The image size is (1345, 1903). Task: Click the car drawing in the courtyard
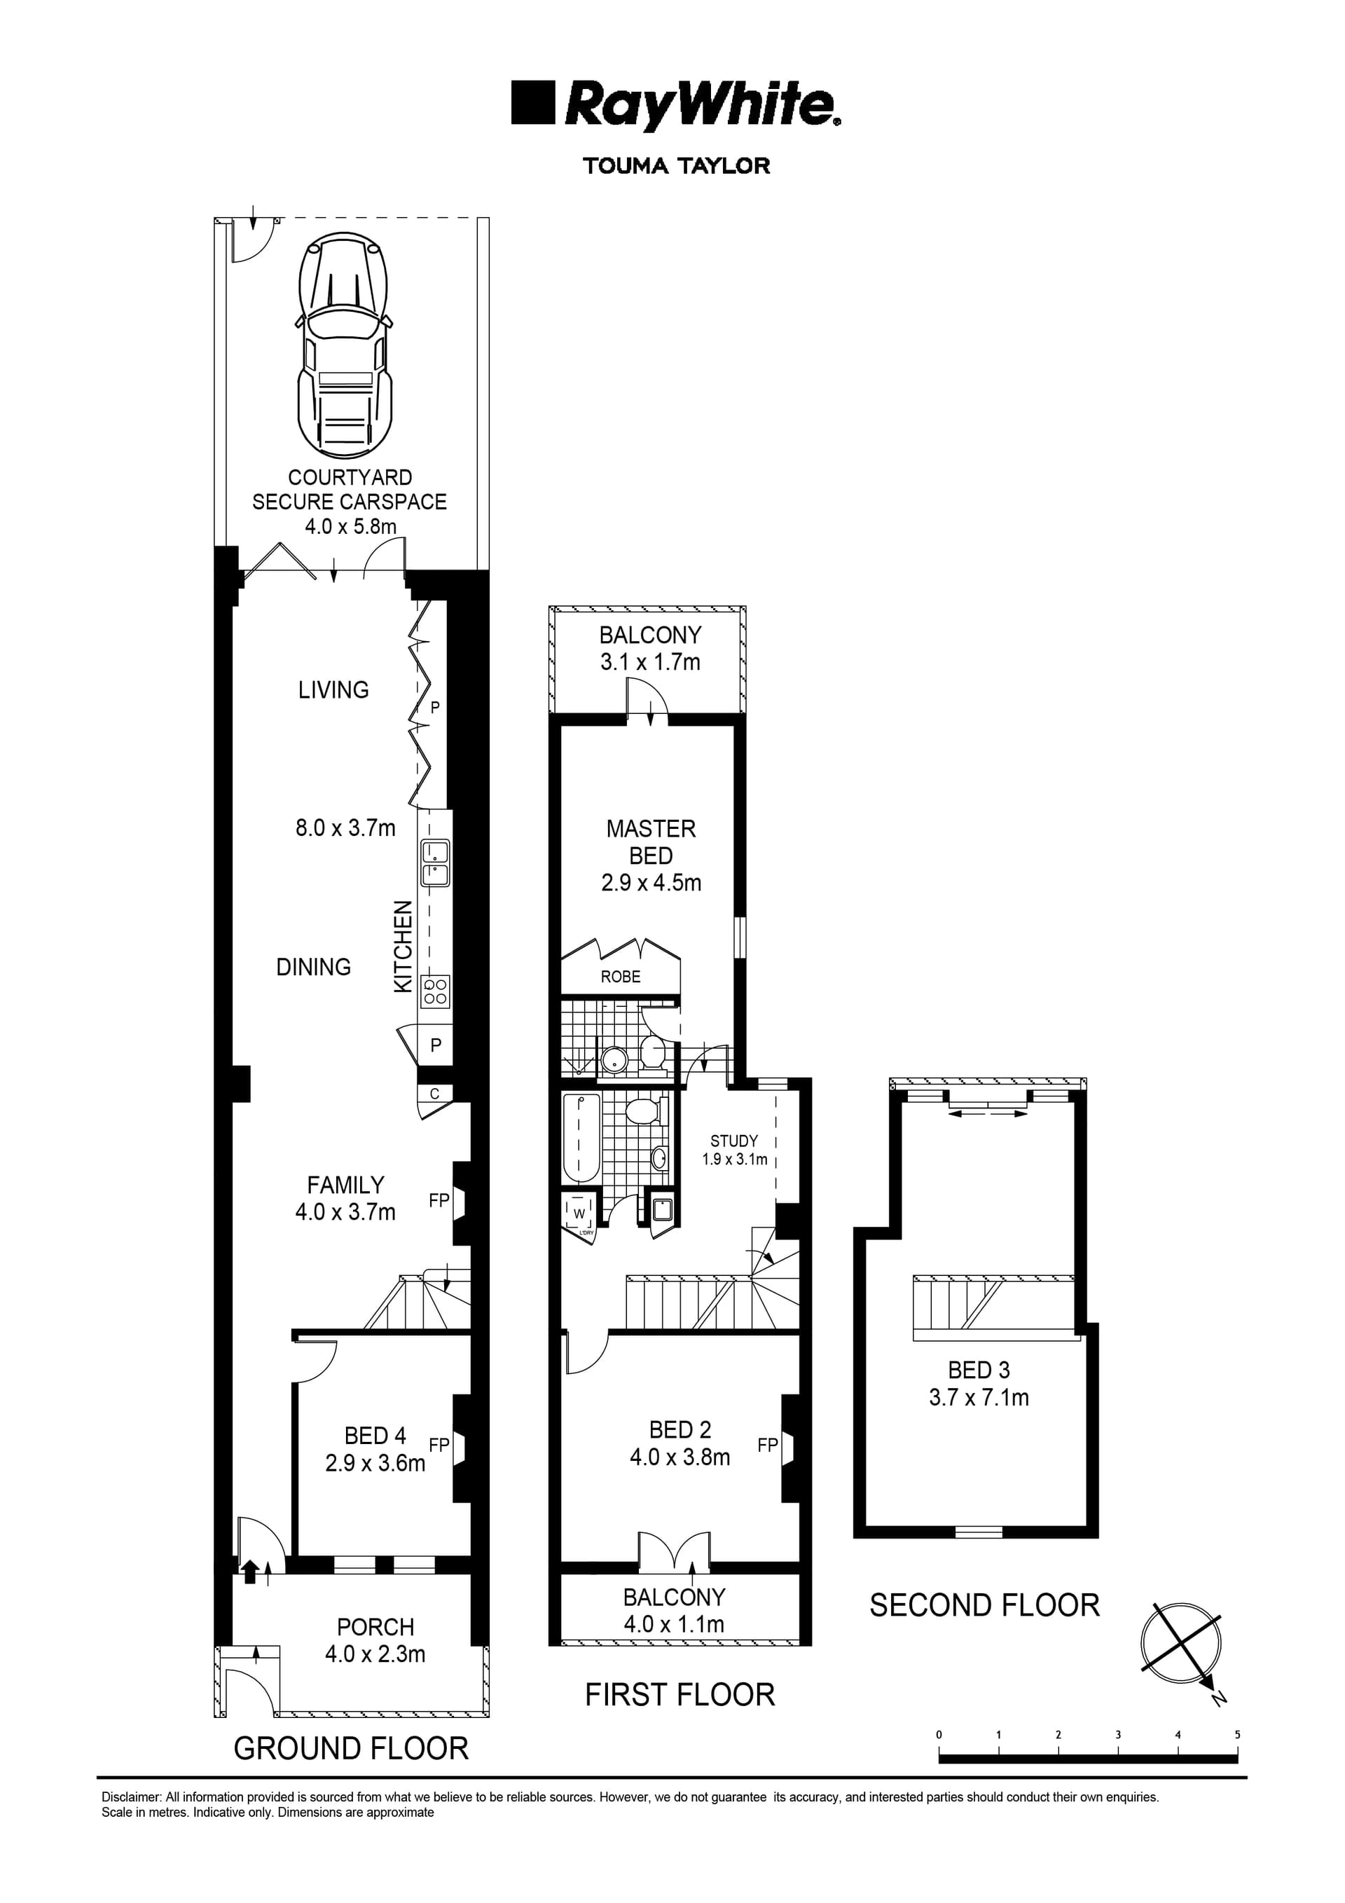(343, 346)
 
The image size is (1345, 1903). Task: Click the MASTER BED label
(651, 841)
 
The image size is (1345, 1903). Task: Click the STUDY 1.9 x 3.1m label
(734, 1150)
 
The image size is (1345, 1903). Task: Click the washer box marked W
(579, 1214)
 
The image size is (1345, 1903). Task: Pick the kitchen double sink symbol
(435, 863)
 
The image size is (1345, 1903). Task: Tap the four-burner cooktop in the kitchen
(435, 991)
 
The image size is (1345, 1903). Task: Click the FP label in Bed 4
(439, 1445)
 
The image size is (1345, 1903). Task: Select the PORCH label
(375, 1627)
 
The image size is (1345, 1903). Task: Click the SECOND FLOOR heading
(984, 1605)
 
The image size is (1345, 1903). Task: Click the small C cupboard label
(434, 1094)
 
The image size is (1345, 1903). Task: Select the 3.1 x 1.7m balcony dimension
(651, 662)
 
